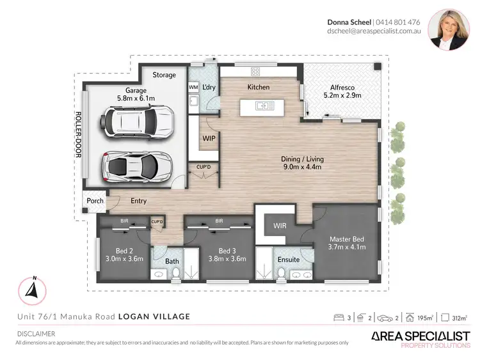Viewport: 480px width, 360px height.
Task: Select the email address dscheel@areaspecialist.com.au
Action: pyautogui.click(x=373, y=31)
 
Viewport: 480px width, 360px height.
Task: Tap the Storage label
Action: pyautogui.click(x=164, y=75)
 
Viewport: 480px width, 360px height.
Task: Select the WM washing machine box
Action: pyautogui.click(x=193, y=87)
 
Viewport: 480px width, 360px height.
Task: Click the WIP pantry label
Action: pyautogui.click(x=209, y=137)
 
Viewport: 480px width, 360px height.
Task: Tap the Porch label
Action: pyautogui.click(x=95, y=201)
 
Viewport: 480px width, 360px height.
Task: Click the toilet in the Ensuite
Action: pyautogui.click(x=281, y=273)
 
